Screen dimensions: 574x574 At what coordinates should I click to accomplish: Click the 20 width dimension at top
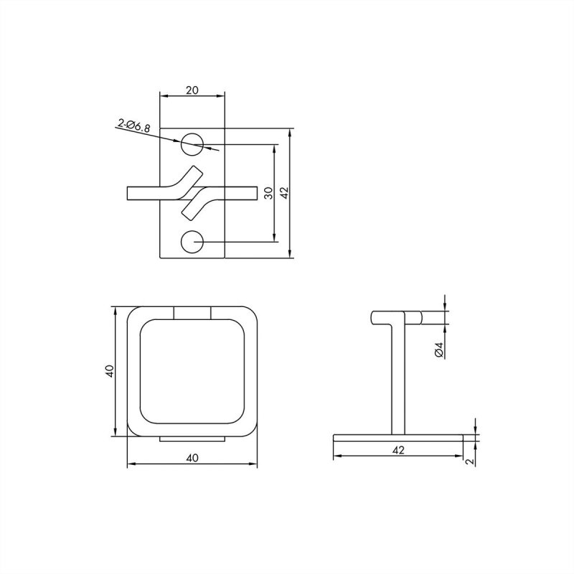pyautogui.click(x=192, y=90)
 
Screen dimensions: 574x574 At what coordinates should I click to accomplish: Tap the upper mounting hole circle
pyautogui.click(x=192, y=143)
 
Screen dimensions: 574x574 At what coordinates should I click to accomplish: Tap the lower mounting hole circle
pyautogui.click(x=192, y=243)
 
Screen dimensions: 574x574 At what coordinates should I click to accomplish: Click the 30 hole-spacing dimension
pyautogui.click(x=268, y=193)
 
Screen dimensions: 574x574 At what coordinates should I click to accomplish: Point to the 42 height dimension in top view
pyautogui.click(x=284, y=193)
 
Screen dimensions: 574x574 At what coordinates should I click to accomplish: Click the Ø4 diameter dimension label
pyautogui.click(x=439, y=349)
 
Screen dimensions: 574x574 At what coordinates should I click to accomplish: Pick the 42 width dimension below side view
pyautogui.click(x=399, y=450)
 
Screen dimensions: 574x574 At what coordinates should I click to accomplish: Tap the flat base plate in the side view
pyautogui.click(x=398, y=436)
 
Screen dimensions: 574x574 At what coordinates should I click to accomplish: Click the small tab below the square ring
pyautogui.click(x=192, y=438)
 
